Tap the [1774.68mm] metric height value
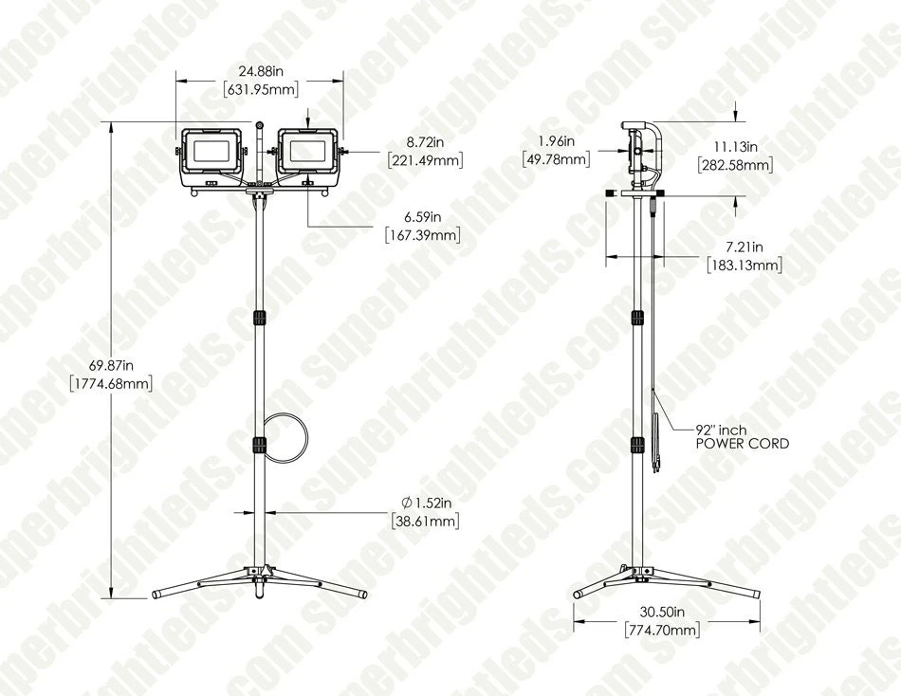point(111,384)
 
